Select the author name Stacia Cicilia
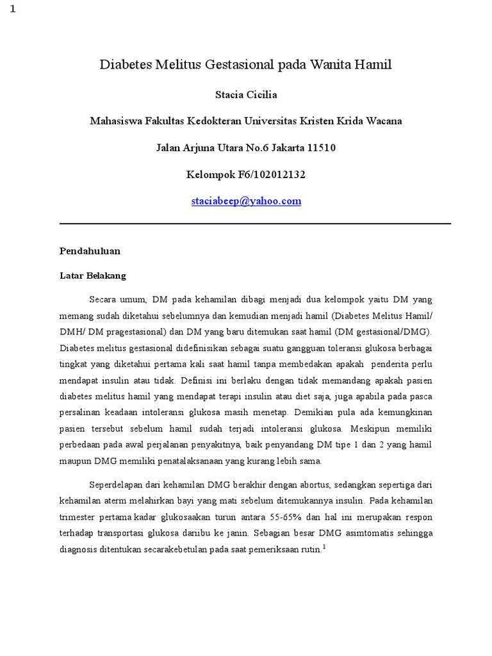click(246, 95)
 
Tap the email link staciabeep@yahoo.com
click(246, 201)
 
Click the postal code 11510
click(322, 148)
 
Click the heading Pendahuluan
click(90, 250)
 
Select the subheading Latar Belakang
click(93, 275)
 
